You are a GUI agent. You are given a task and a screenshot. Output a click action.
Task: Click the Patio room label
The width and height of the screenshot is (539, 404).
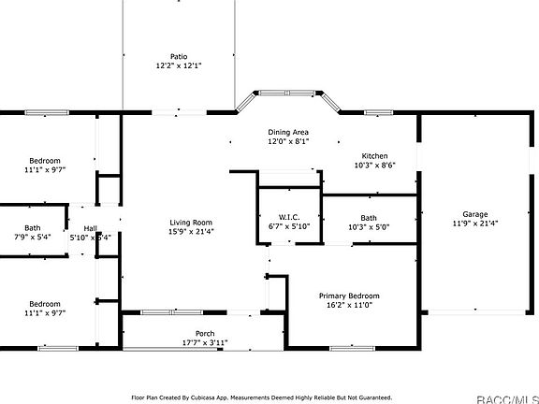tap(178, 56)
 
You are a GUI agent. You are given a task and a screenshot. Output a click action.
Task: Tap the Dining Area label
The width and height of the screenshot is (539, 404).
tap(288, 132)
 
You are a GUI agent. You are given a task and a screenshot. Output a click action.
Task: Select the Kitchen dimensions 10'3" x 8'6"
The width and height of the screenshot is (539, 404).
tap(374, 166)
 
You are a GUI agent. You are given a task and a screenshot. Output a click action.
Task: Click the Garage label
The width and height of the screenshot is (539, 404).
tap(475, 214)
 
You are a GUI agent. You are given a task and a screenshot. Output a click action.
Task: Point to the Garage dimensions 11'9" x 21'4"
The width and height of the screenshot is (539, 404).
tap(475, 224)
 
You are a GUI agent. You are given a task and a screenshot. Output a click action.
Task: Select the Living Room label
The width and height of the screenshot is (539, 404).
tap(191, 222)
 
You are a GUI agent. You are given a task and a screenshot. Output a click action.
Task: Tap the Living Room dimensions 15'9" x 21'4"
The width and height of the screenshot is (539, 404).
tap(191, 231)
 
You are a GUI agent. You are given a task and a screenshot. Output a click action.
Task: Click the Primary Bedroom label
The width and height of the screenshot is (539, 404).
tap(348, 296)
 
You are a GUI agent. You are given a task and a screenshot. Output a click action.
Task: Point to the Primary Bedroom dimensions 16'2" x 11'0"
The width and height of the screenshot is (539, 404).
tap(348, 305)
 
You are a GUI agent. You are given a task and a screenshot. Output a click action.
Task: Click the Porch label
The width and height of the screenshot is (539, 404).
tap(204, 334)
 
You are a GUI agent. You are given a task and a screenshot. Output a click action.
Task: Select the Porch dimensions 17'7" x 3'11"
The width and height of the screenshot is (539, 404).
tap(204, 343)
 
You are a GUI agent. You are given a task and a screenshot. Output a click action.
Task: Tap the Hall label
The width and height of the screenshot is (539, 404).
tap(91, 228)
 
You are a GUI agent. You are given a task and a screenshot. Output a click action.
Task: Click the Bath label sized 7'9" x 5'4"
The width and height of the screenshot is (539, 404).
tap(33, 228)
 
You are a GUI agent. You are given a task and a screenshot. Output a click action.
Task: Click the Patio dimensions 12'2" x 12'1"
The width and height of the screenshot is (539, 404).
tap(178, 66)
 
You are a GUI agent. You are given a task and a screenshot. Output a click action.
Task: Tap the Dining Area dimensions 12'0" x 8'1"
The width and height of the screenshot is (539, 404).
tap(288, 141)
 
